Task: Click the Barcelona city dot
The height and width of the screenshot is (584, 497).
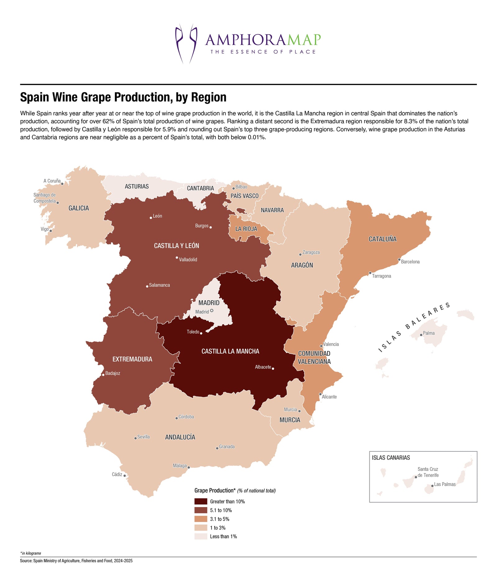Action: pyautogui.click(x=399, y=260)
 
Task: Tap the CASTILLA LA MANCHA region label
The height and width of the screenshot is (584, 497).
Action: pyautogui.click(x=230, y=351)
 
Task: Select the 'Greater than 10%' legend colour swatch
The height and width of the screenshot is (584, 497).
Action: pyautogui.click(x=201, y=501)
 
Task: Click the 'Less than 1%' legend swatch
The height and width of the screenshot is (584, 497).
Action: pyautogui.click(x=201, y=536)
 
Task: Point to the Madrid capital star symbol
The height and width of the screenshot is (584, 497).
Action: pyautogui.click(x=212, y=310)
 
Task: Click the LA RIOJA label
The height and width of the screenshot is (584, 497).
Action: pyautogui.click(x=246, y=229)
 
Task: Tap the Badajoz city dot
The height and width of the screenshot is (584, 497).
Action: pyautogui.click(x=103, y=375)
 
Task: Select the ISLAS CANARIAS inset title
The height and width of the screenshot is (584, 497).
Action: pyautogui.click(x=391, y=458)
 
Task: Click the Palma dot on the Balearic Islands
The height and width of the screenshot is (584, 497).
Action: pyautogui.click(x=421, y=335)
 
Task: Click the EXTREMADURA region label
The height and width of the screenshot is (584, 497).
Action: pyautogui.click(x=132, y=359)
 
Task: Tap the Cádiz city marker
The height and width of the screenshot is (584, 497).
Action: pyautogui.click(x=125, y=475)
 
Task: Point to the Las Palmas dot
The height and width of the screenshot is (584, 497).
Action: pyautogui.click(x=432, y=486)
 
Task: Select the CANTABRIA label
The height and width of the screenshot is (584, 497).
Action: pyautogui.click(x=200, y=188)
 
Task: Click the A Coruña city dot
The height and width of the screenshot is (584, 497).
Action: pyautogui.click(x=62, y=183)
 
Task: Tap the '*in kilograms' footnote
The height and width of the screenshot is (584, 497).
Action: pyautogui.click(x=30, y=553)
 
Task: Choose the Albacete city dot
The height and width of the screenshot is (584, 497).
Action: pyautogui.click(x=273, y=369)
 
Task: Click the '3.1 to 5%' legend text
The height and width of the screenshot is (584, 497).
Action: pyautogui.click(x=220, y=519)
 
